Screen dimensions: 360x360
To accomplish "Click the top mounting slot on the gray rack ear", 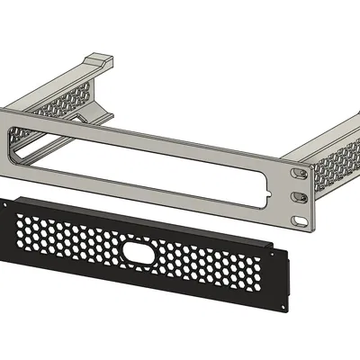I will coord(297,169).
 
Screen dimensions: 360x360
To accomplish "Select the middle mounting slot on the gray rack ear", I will coord(298,193).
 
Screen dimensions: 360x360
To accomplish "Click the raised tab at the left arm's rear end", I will coord(100,62).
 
